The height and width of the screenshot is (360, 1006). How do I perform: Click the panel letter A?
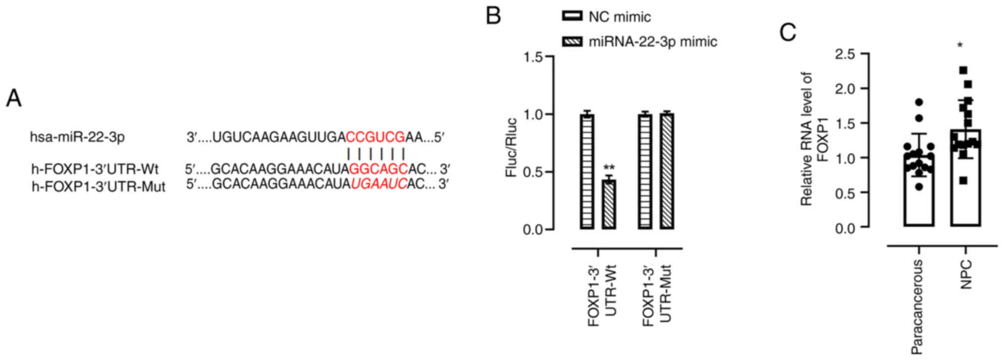[x=14, y=98]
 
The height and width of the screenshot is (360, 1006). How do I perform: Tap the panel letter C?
[x=788, y=33]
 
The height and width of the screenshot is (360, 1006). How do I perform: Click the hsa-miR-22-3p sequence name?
[x=77, y=137]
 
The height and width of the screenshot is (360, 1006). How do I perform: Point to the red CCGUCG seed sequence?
[x=375, y=137]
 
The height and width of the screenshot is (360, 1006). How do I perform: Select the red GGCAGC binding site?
[x=378, y=169]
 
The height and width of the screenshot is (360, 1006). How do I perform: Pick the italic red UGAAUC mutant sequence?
[x=379, y=184]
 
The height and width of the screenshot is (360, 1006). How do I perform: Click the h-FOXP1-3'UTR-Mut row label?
[x=98, y=187]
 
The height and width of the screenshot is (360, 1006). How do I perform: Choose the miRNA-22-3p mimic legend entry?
[x=639, y=42]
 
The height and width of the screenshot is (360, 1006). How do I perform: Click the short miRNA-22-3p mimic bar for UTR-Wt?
[x=609, y=204]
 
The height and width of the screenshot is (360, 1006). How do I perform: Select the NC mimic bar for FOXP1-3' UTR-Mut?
[x=645, y=171]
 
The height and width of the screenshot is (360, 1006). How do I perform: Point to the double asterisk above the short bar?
[x=609, y=168]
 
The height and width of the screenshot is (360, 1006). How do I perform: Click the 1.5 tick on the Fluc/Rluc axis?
[x=534, y=57]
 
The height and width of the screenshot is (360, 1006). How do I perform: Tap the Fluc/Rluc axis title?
[x=510, y=148]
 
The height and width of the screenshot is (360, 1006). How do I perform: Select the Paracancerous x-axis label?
[x=917, y=307]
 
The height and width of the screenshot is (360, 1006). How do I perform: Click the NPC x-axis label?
[x=965, y=274]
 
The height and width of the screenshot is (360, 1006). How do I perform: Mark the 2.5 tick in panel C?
[x=845, y=54]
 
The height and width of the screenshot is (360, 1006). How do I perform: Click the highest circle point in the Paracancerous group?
[x=919, y=103]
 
